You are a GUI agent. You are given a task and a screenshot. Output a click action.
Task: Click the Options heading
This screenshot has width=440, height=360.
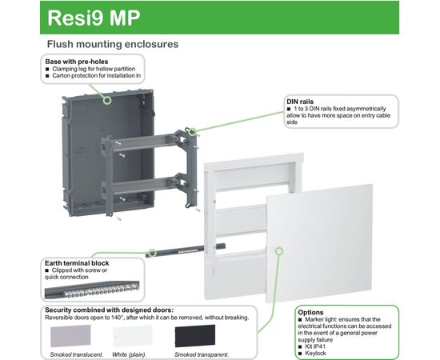(x=311, y=312)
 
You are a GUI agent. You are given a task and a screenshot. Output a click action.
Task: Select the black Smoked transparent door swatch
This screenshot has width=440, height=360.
(x=195, y=335)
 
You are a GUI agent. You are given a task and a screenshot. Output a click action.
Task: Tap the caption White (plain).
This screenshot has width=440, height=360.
(x=131, y=354)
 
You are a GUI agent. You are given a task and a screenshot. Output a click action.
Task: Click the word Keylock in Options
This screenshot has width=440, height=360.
(x=317, y=353)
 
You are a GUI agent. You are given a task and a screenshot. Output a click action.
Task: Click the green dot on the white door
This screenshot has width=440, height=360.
(x=279, y=251)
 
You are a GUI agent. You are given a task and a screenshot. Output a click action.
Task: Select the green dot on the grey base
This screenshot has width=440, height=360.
(x=108, y=101)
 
